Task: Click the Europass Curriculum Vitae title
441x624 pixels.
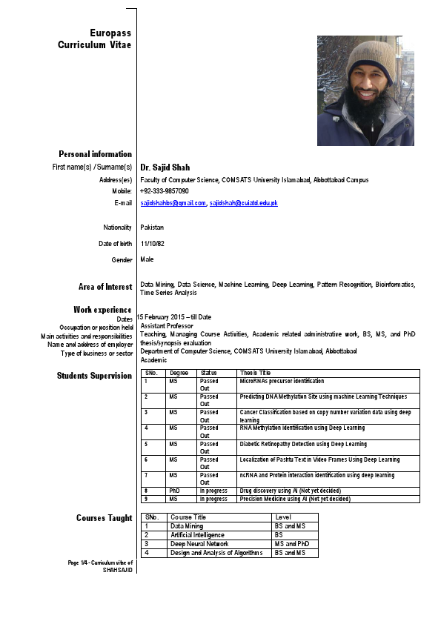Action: coord(95,39)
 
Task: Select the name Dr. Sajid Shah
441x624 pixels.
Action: coord(165,167)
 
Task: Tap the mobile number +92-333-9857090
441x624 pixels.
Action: coord(165,190)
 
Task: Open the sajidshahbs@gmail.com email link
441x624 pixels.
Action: coord(173,202)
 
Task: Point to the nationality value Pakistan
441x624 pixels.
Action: coord(152,228)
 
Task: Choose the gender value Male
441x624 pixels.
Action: coord(147,260)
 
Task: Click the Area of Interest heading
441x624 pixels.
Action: coord(105,287)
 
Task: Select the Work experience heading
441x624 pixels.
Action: coord(102,309)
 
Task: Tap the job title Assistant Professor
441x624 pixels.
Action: coord(167,325)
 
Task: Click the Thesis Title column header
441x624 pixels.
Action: coord(255,373)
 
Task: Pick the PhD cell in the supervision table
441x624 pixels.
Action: coord(174,491)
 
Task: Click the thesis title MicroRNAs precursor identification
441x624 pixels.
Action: coord(282,381)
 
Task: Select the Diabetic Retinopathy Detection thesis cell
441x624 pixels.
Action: coord(303,444)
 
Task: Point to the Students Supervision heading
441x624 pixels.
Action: coord(94,376)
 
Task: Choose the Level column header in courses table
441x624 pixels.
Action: coord(283,517)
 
